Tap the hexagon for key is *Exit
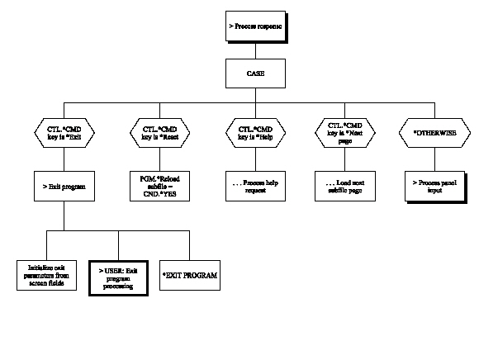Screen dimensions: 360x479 coord(64,132)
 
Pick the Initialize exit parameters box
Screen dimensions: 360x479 coord(47,274)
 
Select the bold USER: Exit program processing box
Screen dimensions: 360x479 coord(119,274)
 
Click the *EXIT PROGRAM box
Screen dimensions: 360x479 coord(191,274)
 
